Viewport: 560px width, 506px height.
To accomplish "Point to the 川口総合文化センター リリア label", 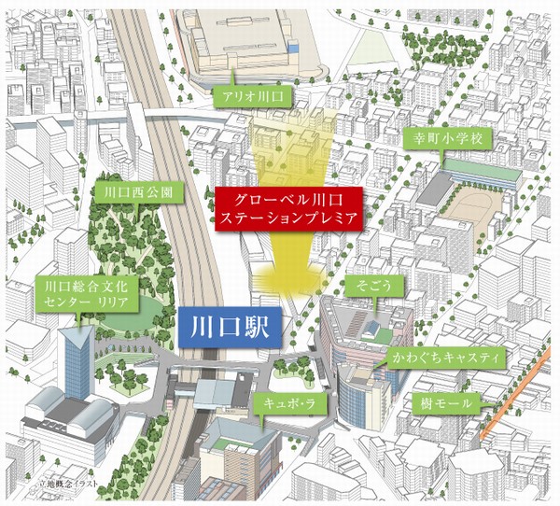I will [x=87, y=293].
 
